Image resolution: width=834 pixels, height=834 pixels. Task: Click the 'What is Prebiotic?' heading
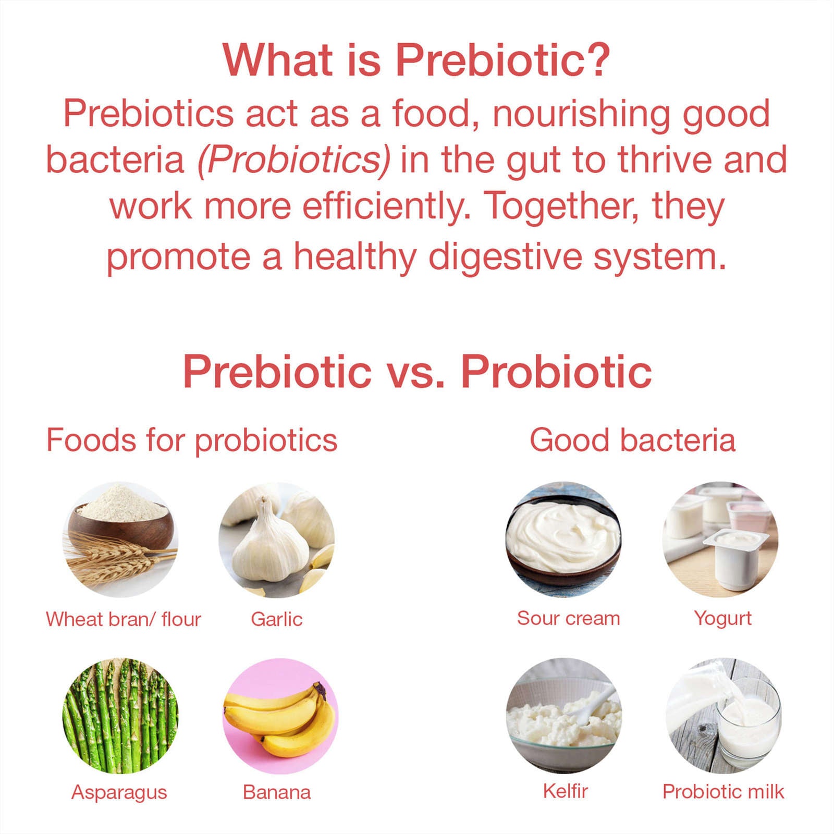[416, 60]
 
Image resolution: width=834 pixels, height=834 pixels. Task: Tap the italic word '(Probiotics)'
[293, 160]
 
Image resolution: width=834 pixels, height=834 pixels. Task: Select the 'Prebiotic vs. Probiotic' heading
[417, 372]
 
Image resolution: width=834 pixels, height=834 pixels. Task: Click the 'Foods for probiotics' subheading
[192, 440]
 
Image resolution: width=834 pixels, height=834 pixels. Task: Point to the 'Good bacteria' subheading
[632, 440]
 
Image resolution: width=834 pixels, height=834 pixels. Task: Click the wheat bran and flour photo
[120, 539]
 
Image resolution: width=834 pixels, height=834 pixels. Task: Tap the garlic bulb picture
[277, 539]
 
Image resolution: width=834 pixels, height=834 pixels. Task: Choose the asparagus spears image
[120, 716]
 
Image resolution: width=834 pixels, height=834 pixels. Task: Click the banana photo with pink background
[280, 716]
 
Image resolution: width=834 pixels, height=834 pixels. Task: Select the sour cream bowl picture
[563, 539]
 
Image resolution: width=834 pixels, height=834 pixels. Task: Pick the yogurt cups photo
[720, 539]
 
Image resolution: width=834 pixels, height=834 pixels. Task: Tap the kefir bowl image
[563, 716]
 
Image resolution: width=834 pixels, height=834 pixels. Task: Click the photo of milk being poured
[723, 716]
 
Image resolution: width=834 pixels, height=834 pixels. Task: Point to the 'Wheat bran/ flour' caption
[124, 619]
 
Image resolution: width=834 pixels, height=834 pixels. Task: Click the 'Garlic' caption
[276, 619]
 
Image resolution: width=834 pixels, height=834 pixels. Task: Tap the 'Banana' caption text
[277, 792]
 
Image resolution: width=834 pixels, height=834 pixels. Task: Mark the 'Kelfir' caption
[566, 791]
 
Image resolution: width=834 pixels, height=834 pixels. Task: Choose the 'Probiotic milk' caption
[723, 791]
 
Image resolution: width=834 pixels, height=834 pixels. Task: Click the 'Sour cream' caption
[569, 618]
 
